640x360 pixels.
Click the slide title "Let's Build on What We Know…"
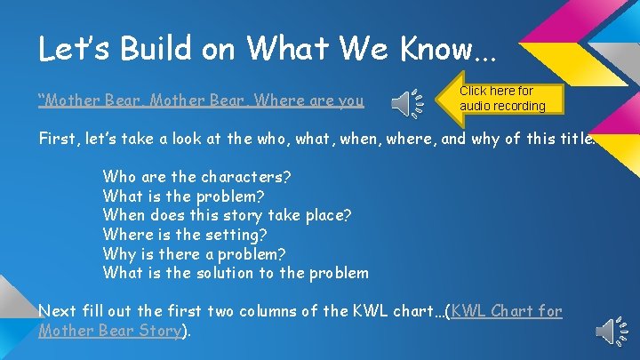pos(267,49)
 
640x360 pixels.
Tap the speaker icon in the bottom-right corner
pos(611,331)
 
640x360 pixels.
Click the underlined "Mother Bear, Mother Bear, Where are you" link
pos(201,100)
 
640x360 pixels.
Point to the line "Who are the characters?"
pos(196,176)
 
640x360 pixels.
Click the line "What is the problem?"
pos(183,196)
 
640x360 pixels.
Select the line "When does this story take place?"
pos(227,215)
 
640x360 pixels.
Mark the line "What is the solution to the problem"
pos(236,273)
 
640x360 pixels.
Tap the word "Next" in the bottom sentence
pos(57,311)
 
